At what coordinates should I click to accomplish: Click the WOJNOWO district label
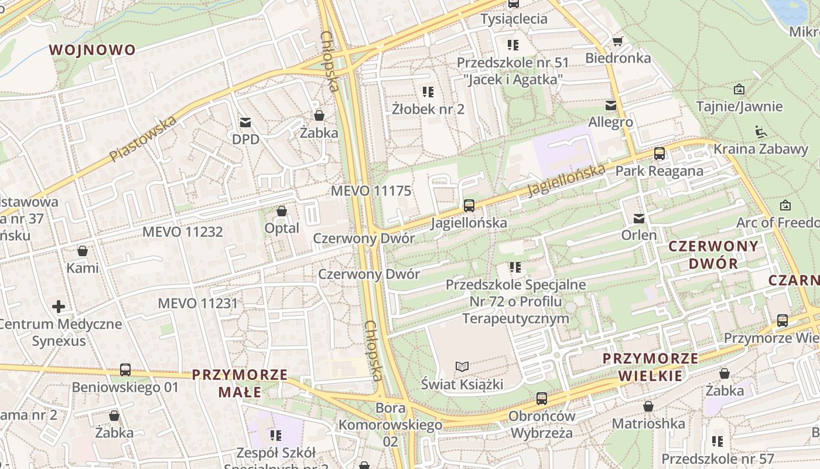coord(93,50)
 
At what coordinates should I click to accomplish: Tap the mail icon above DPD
coord(245,122)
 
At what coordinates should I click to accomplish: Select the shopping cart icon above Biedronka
coord(617,41)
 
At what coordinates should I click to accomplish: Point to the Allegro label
coord(611,122)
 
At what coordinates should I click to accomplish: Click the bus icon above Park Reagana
coord(660,154)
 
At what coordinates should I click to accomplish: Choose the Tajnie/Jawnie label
coord(739,106)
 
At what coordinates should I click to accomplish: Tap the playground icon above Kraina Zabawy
coord(761,131)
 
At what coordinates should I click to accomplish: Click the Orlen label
coord(639,235)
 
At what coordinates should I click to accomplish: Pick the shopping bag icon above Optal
coord(282,211)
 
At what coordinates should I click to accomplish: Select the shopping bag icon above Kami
coord(83,251)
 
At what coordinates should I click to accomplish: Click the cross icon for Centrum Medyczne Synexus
coord(59,306)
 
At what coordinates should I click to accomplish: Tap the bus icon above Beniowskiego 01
coord(125,370)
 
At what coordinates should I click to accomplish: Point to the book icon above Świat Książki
coord(462,367)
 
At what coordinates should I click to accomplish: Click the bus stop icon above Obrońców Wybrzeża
coord(542,399)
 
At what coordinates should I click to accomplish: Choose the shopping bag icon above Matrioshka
coord(648,406)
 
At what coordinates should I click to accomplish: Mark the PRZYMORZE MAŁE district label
coord(240,383)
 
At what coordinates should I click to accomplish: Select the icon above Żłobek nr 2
coord(428,91)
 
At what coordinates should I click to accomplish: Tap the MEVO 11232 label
coord(183,232)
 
